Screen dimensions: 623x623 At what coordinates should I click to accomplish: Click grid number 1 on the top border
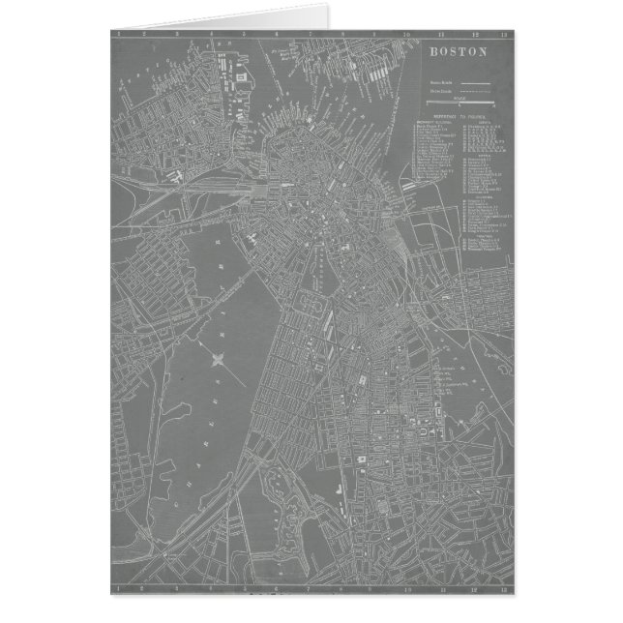118,34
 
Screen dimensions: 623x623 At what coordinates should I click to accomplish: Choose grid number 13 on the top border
503,34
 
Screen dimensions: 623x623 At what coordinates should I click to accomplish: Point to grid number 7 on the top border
311,34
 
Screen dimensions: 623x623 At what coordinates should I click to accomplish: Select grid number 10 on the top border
406,34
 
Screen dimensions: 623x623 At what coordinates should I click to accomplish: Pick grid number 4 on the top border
214,34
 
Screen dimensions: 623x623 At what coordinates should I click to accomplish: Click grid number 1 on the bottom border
118,587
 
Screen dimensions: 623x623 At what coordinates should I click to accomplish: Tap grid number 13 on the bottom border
503,587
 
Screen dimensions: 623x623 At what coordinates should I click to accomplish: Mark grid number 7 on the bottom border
311,587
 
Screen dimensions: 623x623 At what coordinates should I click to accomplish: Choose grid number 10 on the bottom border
406,587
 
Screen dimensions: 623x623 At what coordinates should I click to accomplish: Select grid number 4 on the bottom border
214,587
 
